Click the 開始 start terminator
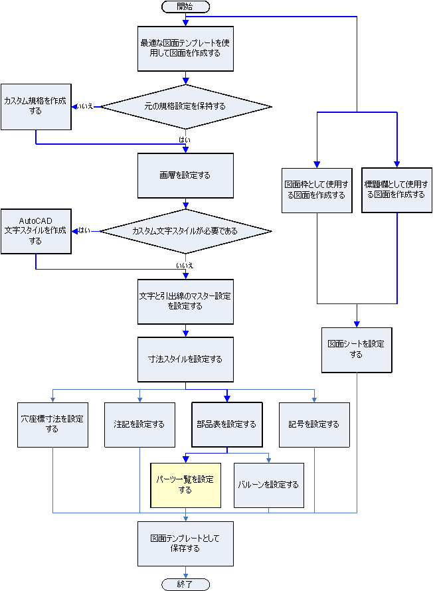tap(185, 7)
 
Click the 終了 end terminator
tap(185, 584)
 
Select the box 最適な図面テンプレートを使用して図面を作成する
tap(185, 48)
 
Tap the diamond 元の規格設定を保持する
tap(185, 106)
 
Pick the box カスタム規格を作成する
tap(35, 106)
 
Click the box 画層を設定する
tap(185, 175)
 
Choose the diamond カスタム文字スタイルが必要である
tap(185, 232)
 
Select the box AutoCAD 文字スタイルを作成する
tap(35, 231)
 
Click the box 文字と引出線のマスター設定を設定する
tap(185, 301)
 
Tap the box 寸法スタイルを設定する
tap(185, 359)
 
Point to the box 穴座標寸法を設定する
tap(53, 424)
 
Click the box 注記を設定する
tap(139, 424)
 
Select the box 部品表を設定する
tap(226, 424)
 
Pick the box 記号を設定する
tap(314, 424)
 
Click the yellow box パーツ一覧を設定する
tap(185, 485)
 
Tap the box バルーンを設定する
tap(268, 485)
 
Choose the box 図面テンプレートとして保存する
tap(185, 543)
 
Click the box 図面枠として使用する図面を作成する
tap(317, 190)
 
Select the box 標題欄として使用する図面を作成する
tap(396, 190)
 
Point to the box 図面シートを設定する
tap(357, 349)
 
